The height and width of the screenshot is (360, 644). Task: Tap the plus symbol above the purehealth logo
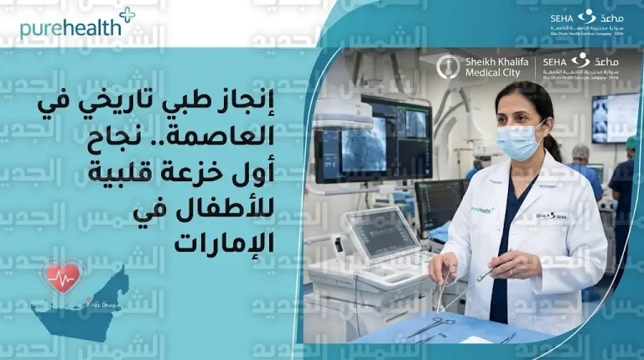click(127, 14)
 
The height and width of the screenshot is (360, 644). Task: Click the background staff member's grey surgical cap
click(580, 151)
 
